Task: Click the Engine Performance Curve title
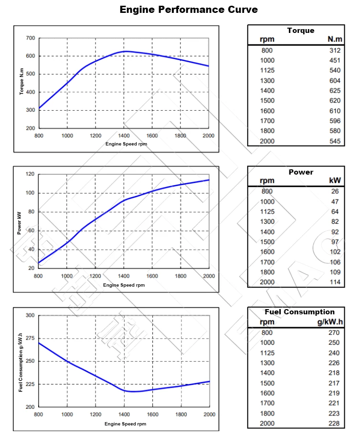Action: point(189,10)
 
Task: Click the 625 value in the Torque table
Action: point(335,91)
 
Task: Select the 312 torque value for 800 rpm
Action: point(335,50)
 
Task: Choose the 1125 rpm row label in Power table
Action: point(267,211)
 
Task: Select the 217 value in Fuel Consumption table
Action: point(334,383)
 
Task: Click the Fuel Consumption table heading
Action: point(299,312)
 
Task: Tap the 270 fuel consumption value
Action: point(334,332)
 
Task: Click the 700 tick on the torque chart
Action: point(30,38)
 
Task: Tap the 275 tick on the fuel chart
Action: point(29,338)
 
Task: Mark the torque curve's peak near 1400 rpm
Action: point(125,51)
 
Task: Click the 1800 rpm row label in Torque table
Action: point(267,131)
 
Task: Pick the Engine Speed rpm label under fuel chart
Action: point(125,424)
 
